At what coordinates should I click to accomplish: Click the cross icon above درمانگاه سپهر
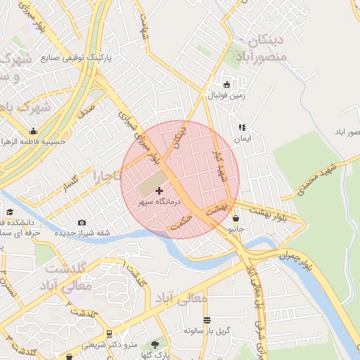[159, 191]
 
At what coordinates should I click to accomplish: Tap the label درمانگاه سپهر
[159, 201]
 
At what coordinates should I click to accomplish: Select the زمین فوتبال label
[226, 94]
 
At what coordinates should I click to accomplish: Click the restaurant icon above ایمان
[242, 128]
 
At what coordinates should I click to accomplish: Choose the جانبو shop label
[236, 229]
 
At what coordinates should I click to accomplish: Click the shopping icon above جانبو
[234, 219]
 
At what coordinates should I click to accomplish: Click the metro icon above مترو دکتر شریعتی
[108, 335]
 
